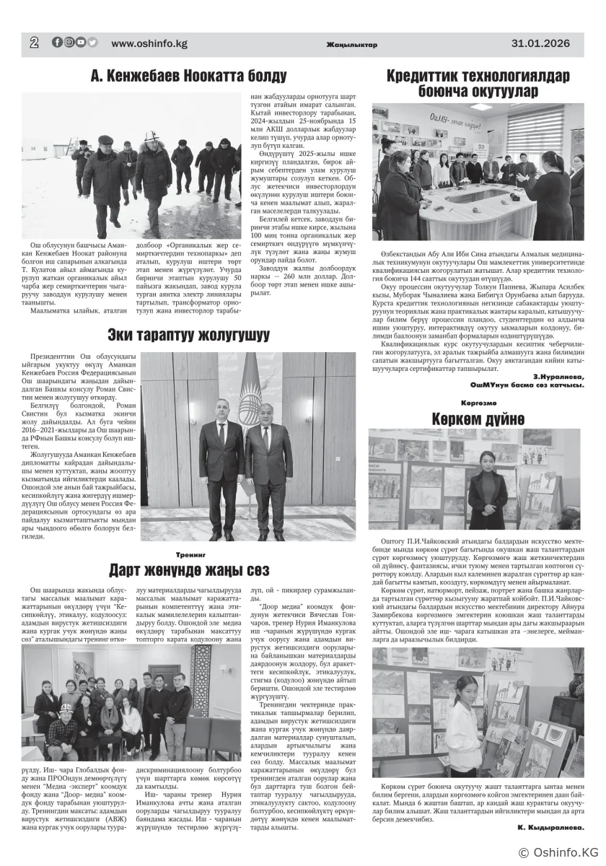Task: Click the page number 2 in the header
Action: [x=34, y=43]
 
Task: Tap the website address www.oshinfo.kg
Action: [x=149, y=43]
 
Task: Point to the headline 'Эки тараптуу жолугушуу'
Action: [x=189, y=335]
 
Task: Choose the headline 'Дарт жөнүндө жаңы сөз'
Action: [x=189, y=570]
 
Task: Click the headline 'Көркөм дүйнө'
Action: [x=478, y=419]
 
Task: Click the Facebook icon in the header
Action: [x=57, y=43]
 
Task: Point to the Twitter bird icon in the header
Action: [x=92, y=43]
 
